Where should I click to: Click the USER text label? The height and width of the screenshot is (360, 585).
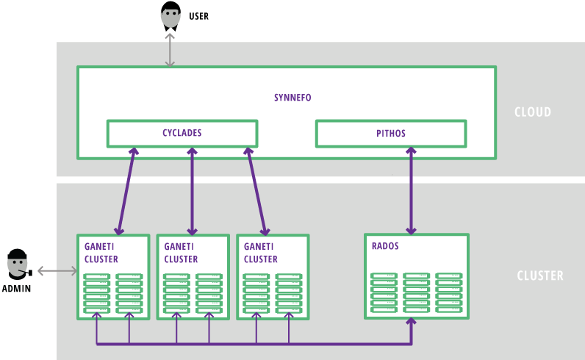click(x=198, y=16)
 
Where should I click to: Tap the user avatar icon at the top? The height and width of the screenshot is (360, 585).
click(x=171, y=16)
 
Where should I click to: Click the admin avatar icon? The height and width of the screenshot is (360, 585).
click(x=18, y=264)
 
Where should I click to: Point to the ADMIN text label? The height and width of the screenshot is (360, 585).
click(x=17, y=289)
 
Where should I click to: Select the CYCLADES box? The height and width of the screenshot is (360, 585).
click(x=182, y=134)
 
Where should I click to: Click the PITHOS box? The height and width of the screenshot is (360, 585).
click(x=390, y=134)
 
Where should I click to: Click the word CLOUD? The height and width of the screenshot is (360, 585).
click(x=533, y=112)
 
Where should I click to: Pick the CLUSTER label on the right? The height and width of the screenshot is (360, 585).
click(x=540, y=276)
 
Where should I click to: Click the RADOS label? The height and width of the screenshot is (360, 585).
click(x=386, y=246)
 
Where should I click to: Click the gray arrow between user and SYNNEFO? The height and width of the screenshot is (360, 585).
click(x=171, y=50)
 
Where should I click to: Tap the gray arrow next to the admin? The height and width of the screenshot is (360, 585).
click(x=57, y=272)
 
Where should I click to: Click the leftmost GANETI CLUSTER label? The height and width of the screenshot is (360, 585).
click(x=101, y=253)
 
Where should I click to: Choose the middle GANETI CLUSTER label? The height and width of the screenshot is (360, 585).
click(x=181, y=253)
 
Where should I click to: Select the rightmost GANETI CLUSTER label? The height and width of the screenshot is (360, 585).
click(x=261, y=253)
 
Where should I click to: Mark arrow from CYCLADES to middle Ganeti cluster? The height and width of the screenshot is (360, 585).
click(x=193, y=190)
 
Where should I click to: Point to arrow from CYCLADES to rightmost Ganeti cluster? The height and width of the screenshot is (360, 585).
click(x=257, y=190)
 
